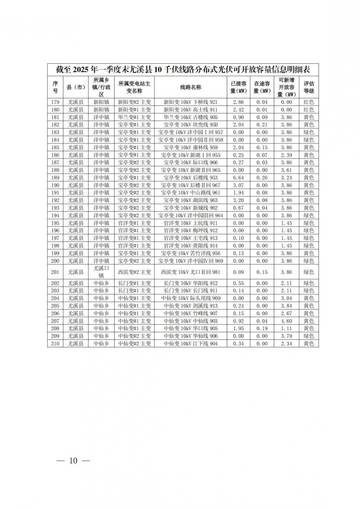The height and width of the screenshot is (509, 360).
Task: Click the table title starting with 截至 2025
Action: click(183, 69)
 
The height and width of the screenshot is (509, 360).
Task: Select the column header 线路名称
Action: click(191, 87)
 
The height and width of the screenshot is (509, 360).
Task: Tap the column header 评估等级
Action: click(309, 87)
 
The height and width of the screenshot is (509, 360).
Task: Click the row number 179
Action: click(55, 102)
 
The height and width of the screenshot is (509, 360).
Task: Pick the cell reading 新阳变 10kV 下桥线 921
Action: click(191, 102)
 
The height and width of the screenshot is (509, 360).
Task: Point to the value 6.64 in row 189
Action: click(238, 178)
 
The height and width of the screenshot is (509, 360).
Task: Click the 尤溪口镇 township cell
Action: click(101, 272)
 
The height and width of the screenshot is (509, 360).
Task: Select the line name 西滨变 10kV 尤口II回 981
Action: click(191, 272)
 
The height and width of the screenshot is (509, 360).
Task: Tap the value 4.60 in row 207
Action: click(286, 321)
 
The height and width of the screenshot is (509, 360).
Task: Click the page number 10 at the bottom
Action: click(73, 461)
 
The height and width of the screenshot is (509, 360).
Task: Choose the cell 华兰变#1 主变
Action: click(135, 117)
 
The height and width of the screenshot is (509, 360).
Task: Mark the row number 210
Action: click(55, 344)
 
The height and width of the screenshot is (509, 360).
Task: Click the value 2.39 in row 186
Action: click(286, 155)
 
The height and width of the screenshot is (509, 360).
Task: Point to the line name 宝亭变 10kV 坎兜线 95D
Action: click(191, 125)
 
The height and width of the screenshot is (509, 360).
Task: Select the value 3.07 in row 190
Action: click(238, 185)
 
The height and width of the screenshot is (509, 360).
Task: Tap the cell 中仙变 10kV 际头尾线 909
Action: click(191, 298)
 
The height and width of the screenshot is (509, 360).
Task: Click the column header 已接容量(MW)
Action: click(238, 87)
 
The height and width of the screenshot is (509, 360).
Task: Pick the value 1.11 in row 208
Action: click(286, 329)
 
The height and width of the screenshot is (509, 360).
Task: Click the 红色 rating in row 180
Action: click(309, 110)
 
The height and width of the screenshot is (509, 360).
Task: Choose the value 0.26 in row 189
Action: click(262, 178)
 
